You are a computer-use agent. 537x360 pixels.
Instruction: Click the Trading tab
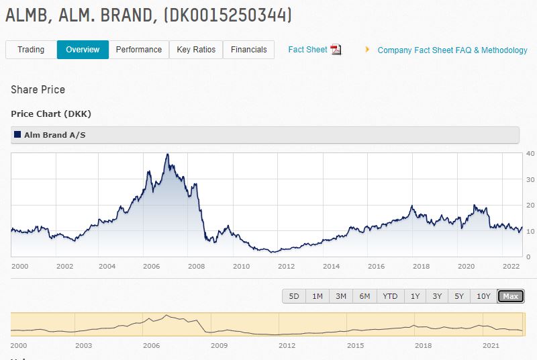tap(31, 50)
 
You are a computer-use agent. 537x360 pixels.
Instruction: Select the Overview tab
tap(83, 50)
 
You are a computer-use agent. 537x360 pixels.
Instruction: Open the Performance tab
tap(138, 50)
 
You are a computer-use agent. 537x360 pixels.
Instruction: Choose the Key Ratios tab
tap(196, 50)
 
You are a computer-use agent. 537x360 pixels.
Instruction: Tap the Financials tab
tap(248, 50)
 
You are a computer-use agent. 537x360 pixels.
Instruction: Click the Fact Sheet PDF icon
tap(336, 50)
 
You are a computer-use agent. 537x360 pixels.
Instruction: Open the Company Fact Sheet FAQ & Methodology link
tap(452, 50)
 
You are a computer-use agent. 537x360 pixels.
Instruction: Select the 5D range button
tap(294, 296)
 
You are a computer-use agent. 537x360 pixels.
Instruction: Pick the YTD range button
tap(389, 296)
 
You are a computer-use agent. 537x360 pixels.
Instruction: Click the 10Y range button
tap(483, 296)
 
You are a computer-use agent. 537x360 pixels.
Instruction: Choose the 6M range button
tap(364, 296)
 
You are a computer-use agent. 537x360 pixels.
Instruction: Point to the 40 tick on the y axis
tap(530, 154)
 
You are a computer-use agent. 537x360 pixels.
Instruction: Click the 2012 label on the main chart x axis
tap(287, 266)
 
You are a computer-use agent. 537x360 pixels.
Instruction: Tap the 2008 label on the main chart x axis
tap(196, 266)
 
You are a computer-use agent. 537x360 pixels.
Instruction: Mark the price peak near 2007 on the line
tap(167, 154)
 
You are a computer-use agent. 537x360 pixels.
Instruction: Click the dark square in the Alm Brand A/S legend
tap(17, 135)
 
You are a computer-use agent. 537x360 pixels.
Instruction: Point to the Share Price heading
tap(38, 90)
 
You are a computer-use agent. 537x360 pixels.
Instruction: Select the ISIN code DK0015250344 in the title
tap(227, 15)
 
